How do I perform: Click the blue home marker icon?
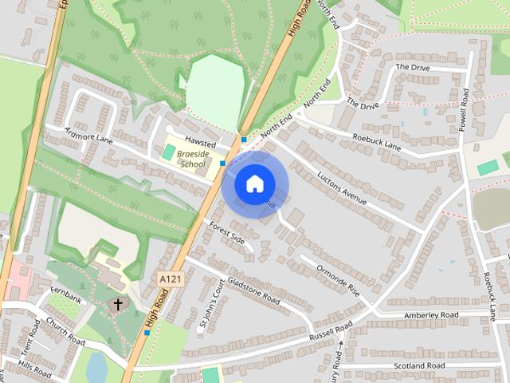[254, 184]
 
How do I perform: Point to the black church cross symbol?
[119, 305]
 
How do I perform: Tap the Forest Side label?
[227, 233]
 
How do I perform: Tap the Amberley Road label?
[431, 316]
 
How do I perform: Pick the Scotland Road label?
[418, 365]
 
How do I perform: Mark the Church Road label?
[65, 331]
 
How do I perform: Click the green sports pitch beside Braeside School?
[169, 151]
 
